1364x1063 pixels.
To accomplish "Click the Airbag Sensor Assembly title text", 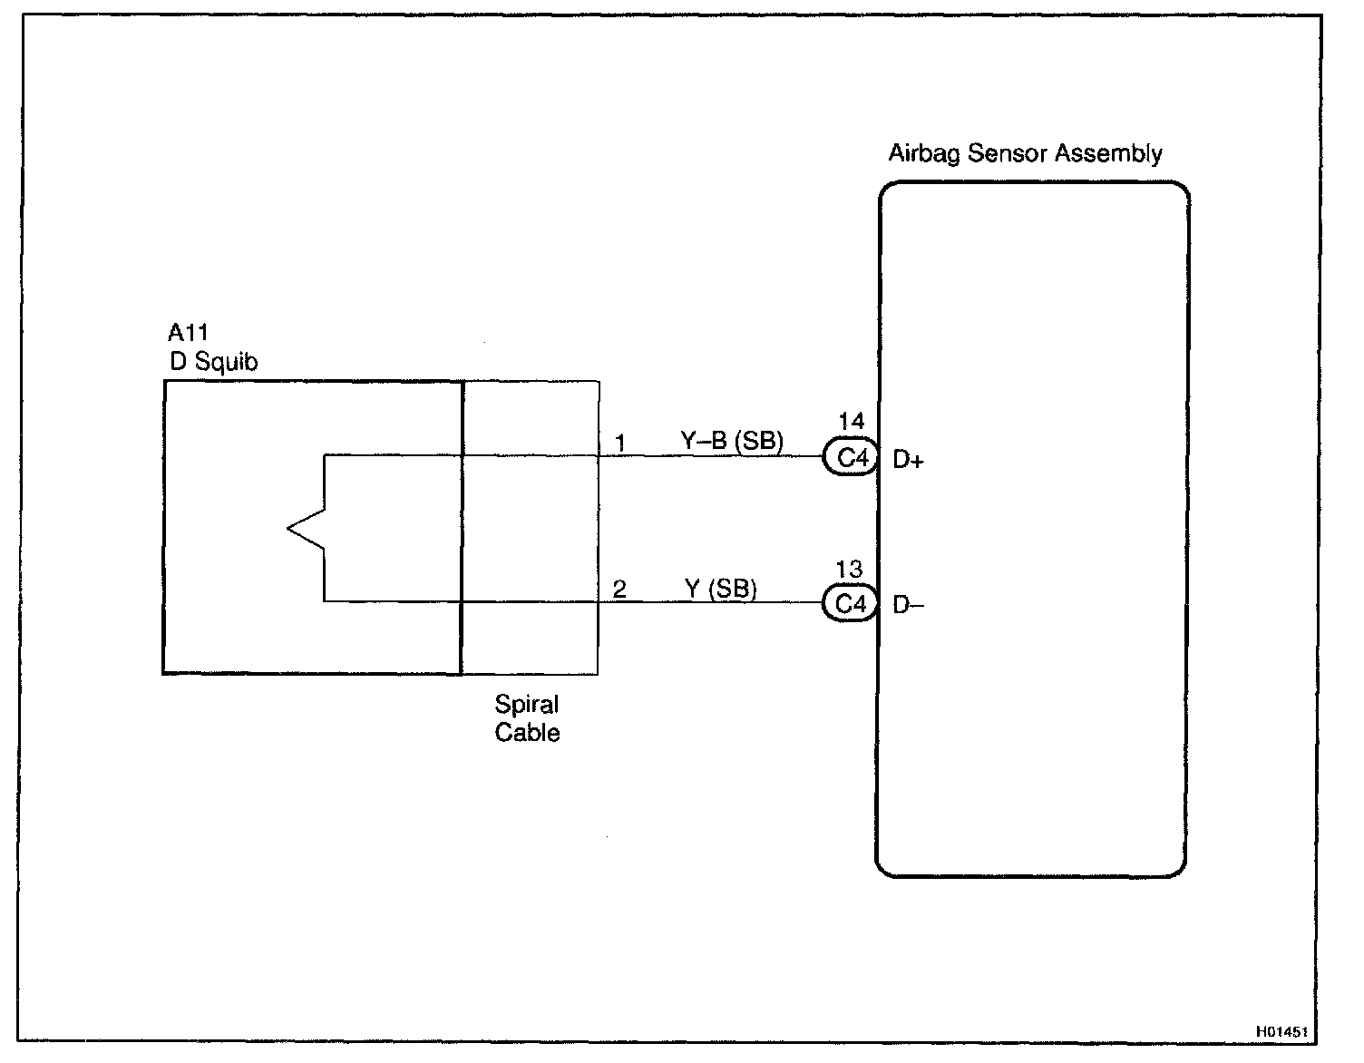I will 1025,153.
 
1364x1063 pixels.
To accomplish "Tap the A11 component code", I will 189,333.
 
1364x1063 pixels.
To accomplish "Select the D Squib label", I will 214,362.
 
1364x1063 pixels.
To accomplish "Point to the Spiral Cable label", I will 527,718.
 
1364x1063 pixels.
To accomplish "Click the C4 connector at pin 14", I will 851,458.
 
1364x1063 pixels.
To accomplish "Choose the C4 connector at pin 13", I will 851,604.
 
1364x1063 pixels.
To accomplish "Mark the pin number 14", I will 851,422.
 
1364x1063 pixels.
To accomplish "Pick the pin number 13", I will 849,570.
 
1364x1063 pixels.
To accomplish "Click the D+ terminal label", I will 908,461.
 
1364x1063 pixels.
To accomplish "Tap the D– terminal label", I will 908,605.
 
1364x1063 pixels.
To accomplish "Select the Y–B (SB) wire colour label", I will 731,442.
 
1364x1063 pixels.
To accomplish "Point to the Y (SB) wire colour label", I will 720,589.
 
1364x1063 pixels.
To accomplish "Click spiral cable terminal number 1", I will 620,444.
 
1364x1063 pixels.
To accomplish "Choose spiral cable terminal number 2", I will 619,590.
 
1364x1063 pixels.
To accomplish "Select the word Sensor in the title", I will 1003,153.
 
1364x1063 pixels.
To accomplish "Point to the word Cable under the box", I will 527,733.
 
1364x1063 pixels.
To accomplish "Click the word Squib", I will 227,362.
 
